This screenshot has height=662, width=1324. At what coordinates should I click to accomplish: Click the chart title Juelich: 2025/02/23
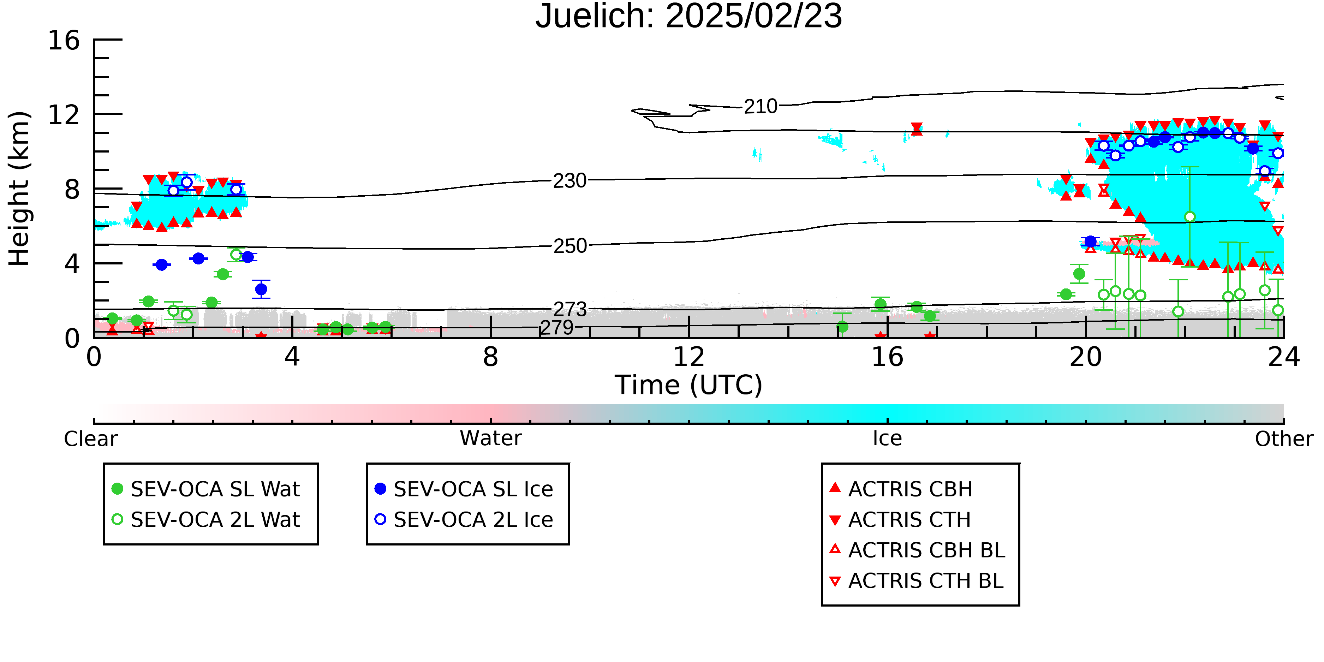click(689, 17)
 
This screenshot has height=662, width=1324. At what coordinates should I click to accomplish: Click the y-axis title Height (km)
click(19, 189)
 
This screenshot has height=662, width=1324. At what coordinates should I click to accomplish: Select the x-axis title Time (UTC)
click(689, 385)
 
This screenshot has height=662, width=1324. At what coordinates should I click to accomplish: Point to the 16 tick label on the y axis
click(64, 40)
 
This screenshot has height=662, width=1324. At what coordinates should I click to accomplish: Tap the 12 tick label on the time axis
click(689, 357)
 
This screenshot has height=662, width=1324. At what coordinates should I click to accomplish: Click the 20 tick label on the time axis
click(1086, 357)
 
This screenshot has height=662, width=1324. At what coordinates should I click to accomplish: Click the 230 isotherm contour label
click(569, 181)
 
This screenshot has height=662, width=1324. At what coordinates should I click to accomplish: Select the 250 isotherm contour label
click(570, 246)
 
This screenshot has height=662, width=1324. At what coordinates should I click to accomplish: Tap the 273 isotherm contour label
click(570, 309)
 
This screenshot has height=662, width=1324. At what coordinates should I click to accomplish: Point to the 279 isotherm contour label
click(557, 327)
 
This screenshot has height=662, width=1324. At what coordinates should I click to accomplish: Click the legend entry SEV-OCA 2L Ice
click(464, 520)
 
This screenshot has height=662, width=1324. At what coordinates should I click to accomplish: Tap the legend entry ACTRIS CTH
click(900, 520)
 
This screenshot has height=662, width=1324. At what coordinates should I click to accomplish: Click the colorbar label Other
click(1284, 439)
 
